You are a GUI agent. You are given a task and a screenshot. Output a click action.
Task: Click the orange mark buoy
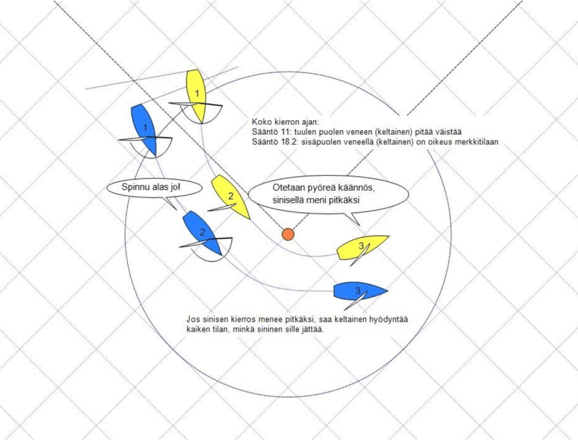pos(288,234)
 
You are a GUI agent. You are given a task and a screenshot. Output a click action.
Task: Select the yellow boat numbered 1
pos(196,95)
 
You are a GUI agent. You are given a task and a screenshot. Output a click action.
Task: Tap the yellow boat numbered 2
pos(230,196)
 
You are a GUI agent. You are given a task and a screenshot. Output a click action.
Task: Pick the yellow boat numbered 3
pos(363,247)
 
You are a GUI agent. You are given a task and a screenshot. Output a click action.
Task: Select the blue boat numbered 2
pos(202,232)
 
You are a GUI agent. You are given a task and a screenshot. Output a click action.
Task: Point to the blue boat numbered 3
pos(360,291)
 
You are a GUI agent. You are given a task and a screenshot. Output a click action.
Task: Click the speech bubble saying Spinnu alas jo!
pos(155,187)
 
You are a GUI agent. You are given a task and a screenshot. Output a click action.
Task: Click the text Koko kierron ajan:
pos(285,122)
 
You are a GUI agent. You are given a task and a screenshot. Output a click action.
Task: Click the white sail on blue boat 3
pos(356,300)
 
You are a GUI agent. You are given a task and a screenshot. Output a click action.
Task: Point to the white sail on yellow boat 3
pos(360,255)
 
